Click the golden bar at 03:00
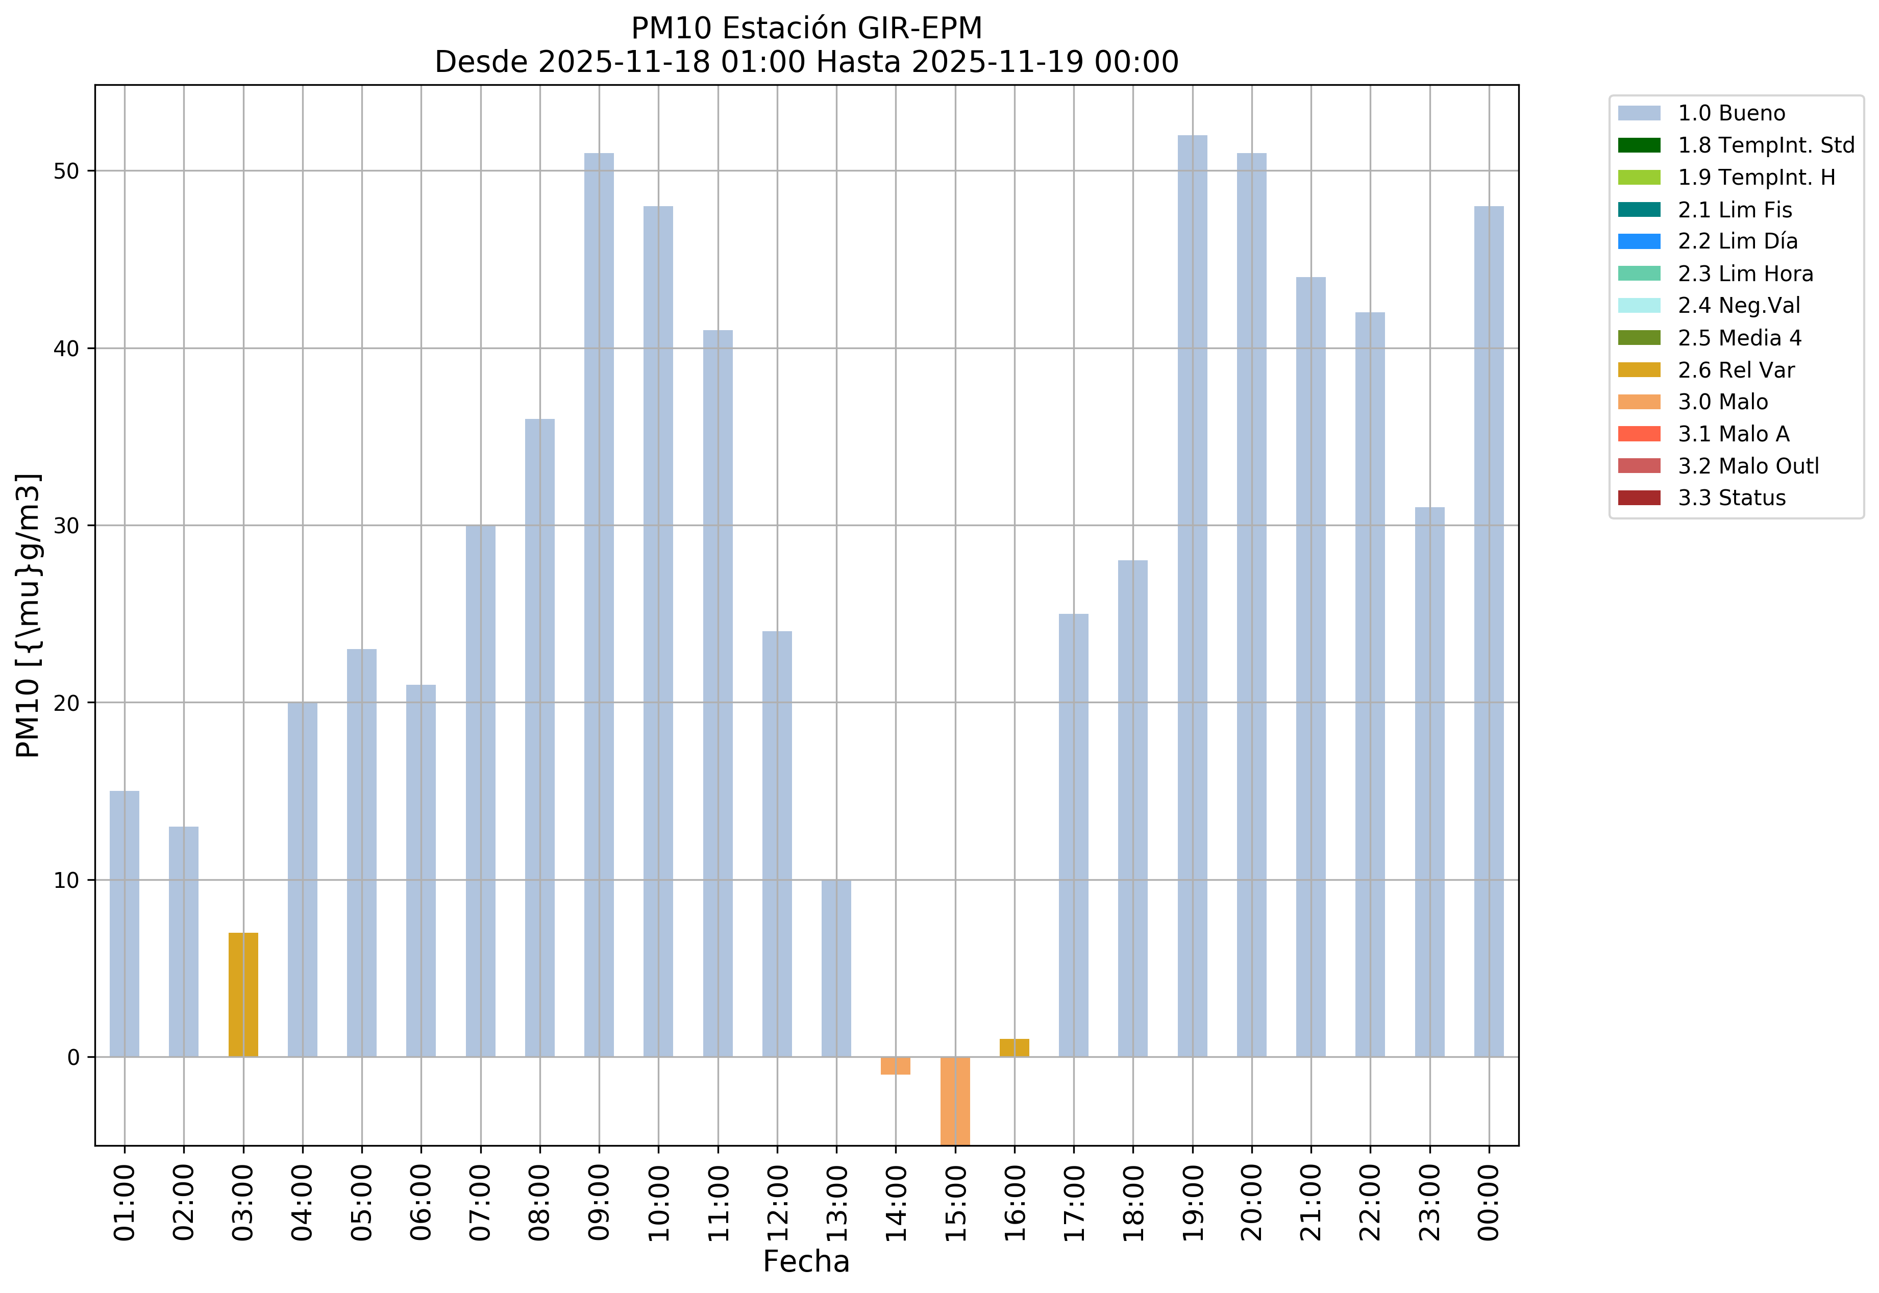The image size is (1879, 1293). tap(243, 995)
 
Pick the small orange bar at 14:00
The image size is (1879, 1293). tap(895, 1065)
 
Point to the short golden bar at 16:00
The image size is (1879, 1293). tap(1015, 1048)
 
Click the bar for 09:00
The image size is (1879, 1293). tap(599, 604)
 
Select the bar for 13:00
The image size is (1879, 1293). tap(836, 968)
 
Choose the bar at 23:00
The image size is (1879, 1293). tap(1429, 782)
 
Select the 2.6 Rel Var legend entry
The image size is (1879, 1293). tap(1736, 370)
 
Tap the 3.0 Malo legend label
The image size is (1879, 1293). tap(1723, 402)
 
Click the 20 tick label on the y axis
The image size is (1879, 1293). tap(67, 703)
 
